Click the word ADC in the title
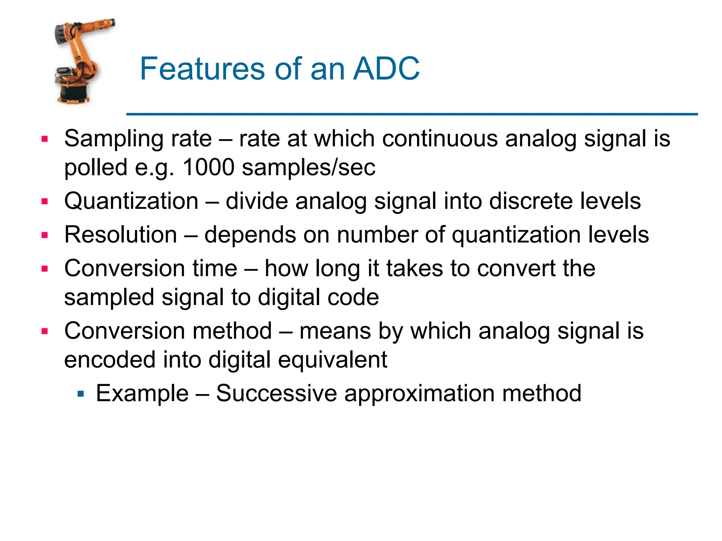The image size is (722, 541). tap(386, 69)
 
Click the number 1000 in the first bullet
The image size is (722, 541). tap(208, 167)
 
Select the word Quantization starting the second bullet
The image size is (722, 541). tap(131, 201)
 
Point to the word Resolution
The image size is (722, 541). tap(121, 235)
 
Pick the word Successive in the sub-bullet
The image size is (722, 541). tap(276, 393)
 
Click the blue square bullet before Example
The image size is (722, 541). tap(81, 393)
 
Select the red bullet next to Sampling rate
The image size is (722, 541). tap(44, 139)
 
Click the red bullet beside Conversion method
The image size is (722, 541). tap(44, 331)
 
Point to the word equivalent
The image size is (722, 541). tap(332, 360)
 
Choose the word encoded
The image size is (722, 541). tap(110, 360)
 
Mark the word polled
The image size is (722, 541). tap(96, 168)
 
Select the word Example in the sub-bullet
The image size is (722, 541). tap(142, 394)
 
